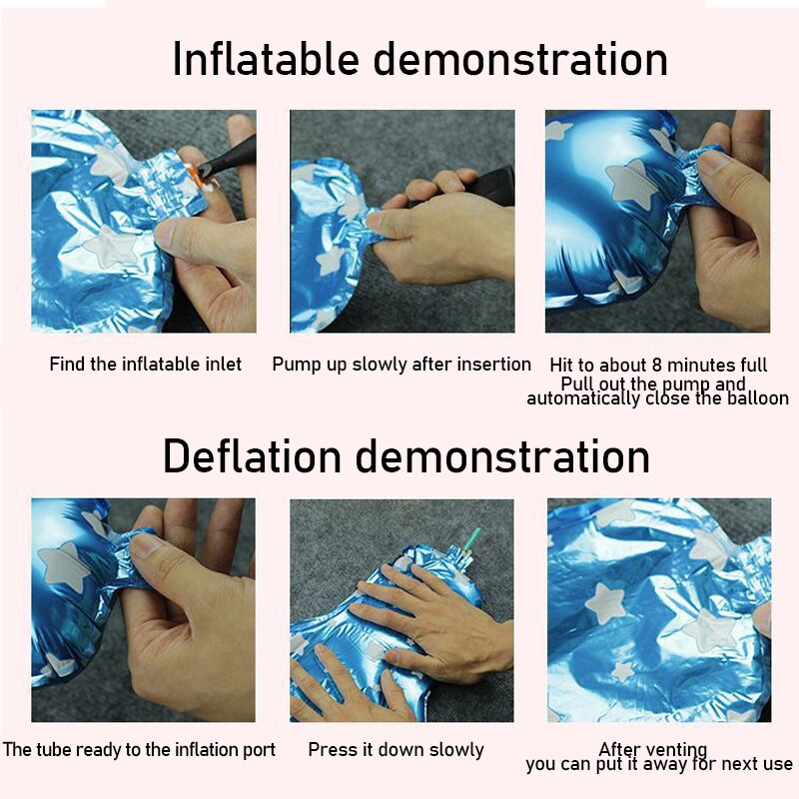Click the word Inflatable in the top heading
pos(266,59)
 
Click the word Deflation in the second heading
pos(252,455)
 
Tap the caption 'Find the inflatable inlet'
pos(145,364)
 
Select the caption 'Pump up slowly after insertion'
pos(401,365)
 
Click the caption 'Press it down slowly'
pos(396,750)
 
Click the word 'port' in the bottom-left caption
pos(258,750)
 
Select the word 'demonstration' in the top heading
pos(520,59)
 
